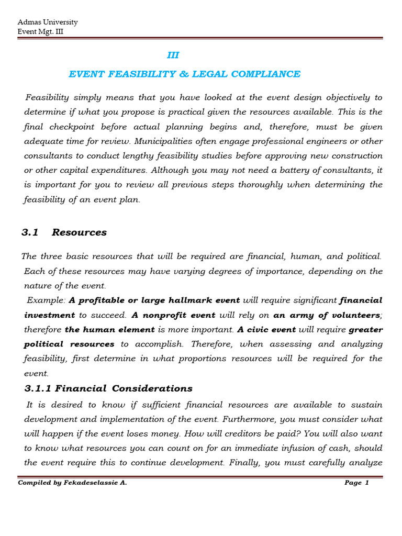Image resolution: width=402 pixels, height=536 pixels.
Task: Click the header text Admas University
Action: point(48,22)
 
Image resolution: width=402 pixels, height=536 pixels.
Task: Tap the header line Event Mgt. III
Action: point(41,31)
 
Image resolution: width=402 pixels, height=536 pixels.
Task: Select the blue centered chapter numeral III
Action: point(173,55)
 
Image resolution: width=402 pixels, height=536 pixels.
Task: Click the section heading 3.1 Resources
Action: point(64,232)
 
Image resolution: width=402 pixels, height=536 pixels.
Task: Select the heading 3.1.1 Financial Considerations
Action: point(108,388)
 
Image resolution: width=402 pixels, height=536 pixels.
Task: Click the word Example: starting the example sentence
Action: point(47,300)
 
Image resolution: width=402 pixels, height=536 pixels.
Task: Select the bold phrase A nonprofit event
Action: point(173,315)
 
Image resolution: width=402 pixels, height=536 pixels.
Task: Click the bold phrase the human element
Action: point(110,330)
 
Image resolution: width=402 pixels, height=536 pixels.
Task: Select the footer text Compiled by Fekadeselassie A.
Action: point(72,483)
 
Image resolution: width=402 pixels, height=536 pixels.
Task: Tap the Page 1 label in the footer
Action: point(356,483)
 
